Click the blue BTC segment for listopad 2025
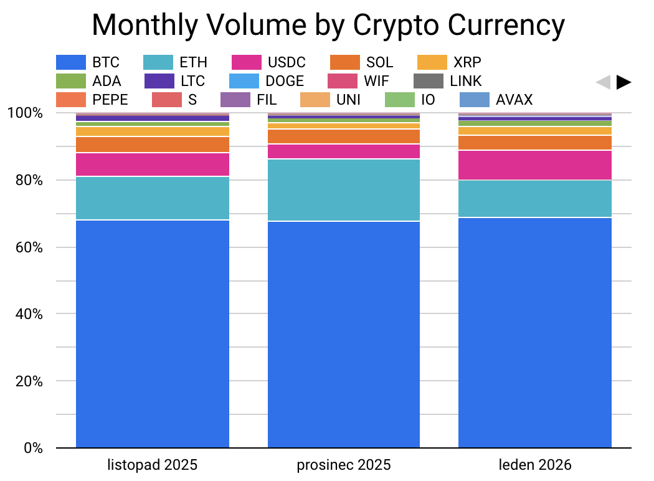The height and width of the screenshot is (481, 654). (153, 333)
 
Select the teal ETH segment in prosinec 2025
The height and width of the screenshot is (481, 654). (344, 190)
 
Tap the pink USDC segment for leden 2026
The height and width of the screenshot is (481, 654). (535, 165)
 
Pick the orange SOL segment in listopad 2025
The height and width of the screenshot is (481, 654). (153, 145)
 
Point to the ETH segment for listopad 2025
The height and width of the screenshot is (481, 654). (153, 198)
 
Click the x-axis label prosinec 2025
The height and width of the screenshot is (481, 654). (344, 465)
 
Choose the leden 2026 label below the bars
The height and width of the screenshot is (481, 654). (535, 465)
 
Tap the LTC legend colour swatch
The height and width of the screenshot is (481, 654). (159, 81)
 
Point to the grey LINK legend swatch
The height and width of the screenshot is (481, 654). (429, 81)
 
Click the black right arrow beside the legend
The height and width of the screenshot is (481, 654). (624, 82)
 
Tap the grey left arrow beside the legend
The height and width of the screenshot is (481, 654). (603, 82)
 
